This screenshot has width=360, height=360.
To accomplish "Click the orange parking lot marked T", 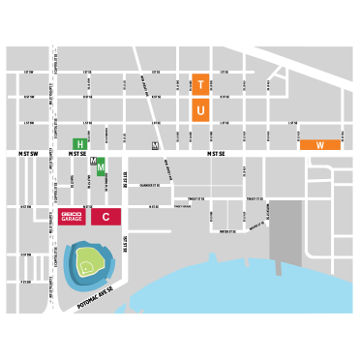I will (x=200, y=83).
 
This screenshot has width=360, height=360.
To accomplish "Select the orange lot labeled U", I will (x=200, y=111).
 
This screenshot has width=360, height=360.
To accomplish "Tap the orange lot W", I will (x=320, y=145).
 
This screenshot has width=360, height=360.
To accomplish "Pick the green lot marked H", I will (x=81, y=143).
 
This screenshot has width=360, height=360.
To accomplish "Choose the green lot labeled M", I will (x=102, y=166).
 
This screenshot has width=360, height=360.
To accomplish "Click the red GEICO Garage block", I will (x=71, y=217).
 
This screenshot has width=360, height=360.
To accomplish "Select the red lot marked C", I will (x=105, y=217).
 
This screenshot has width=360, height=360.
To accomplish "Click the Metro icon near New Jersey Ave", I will (x=155, y=145).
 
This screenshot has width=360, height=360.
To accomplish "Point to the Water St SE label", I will (x=227, y=231).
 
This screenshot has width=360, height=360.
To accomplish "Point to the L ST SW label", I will (x=27, y=123).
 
